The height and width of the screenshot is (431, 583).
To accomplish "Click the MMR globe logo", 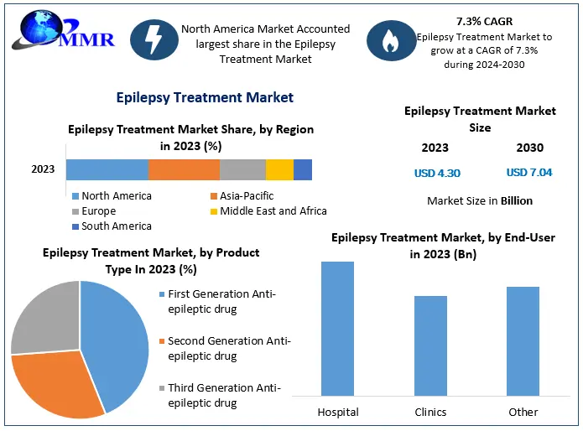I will [x=38, y=30].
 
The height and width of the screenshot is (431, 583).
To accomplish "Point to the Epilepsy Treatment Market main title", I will [x=205, y=97].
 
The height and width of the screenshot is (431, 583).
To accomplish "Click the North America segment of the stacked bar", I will [x=107, y=169].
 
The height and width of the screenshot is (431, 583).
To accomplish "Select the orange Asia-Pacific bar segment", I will [x=184, y=169].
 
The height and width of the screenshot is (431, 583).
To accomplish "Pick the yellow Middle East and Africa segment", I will [x=279, y=169].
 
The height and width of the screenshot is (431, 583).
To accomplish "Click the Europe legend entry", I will [x=99, y=211].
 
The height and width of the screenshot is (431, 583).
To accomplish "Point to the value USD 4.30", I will [x=437, y=174].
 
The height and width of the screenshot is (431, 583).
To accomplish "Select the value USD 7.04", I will [x=529, y=174].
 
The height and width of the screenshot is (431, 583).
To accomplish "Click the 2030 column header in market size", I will [x=529, y=148].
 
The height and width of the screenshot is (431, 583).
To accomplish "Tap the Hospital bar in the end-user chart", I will [x=337, y=329].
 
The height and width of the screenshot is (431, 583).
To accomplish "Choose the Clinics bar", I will [x=430, y=345].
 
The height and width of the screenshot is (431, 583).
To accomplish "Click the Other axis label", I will [x=523, y=412].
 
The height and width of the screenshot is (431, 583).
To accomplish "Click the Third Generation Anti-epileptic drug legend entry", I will [x=221, y=395].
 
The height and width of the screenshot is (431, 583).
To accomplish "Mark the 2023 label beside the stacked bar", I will [x=43, y=169].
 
